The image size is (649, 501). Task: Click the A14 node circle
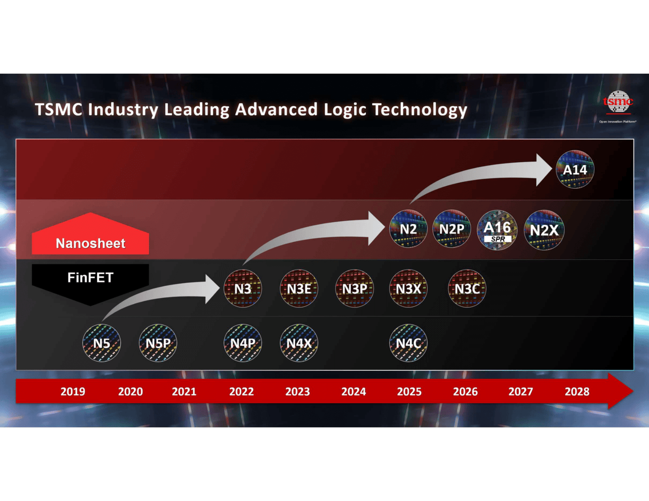(575, 169)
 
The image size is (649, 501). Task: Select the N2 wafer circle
(408, 229)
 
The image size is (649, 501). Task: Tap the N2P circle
(451, 229)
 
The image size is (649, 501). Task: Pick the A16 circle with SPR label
(497, 230)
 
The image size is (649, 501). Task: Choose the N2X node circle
(544, 230)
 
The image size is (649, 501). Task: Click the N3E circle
(299, 289)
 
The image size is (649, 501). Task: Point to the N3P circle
(354, 289)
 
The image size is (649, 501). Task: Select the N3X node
(408, 289)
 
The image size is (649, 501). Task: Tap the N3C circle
(467, 289)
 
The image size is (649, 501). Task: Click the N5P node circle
(158, 343)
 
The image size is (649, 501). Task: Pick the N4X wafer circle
(299, 343)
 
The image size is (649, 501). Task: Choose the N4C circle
(408, 343)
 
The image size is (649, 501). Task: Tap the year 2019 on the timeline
(73, 392)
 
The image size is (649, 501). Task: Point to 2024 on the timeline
(354, 392)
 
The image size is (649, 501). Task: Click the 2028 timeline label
(577, 392)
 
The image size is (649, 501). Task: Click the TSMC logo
(617, 103)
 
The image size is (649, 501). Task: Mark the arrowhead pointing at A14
(544, 170)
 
